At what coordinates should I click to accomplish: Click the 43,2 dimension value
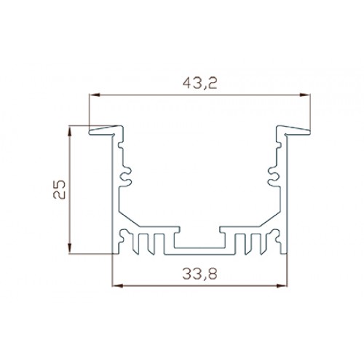pos(199,84)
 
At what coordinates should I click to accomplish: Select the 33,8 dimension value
pos(199,274)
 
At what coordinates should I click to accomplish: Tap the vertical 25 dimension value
pos(60,189)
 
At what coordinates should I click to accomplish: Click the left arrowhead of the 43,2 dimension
pos(95,95)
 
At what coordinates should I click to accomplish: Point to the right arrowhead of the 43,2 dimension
pos(305,95)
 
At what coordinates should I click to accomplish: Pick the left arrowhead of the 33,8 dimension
pos(118,285)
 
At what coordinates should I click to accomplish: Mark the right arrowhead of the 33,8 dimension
pos(282,285)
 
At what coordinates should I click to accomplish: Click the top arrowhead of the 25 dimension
pos(70,132)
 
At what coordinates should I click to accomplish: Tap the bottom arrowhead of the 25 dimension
pos(70,248)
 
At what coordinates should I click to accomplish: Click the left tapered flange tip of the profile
pos(90,132)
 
